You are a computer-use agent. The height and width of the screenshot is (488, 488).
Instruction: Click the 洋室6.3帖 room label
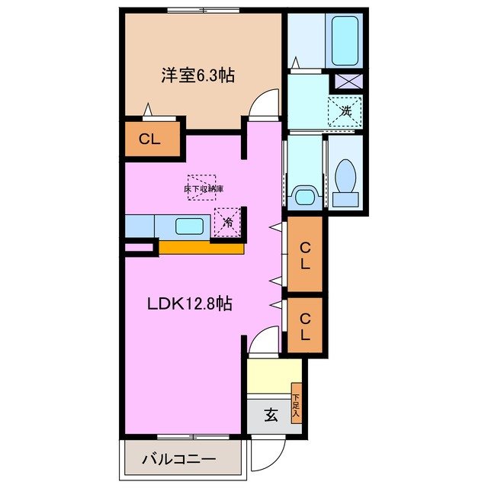tap(197, 75)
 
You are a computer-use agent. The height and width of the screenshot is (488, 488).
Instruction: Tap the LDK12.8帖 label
tap(190, 303)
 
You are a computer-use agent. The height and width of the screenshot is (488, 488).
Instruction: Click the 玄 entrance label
tap(271, 416)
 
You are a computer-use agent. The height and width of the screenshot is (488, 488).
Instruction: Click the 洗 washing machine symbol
tap(345, 111)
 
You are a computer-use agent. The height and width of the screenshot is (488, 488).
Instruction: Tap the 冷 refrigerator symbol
tap(228, 223)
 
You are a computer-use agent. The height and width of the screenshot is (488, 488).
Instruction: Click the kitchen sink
tap(189, 226)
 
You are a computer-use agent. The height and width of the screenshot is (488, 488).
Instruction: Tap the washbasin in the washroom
tap(304, 197)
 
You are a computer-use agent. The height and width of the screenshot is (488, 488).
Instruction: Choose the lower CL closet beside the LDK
tap(304, 326)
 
